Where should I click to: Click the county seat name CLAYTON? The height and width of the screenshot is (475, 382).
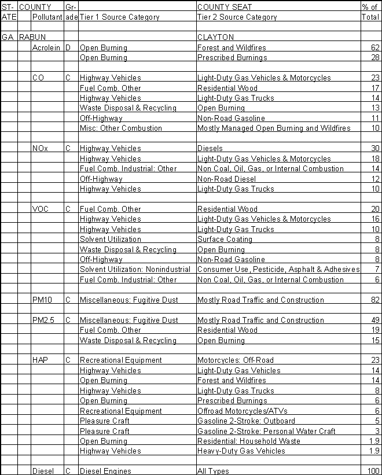tap(216, 38)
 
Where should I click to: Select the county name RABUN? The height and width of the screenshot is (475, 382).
tap(31, 38)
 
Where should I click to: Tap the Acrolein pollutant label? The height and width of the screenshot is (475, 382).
tap(46, 47)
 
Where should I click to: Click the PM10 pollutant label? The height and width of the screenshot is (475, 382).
tap(42, 300)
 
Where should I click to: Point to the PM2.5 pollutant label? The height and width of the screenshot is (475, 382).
tap(43, 320)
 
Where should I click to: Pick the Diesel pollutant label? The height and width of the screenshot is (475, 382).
tap(43, 471)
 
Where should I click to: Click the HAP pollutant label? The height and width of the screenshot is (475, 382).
tap(41, 360)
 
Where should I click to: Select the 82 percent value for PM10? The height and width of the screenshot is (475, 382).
tap(375, 300)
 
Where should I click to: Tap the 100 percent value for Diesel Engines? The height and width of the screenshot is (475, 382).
tap(373, 471)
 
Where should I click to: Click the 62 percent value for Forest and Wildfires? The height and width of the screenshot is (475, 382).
tap(375, 47)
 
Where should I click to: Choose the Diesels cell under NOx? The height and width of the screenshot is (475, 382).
tap(210, 149)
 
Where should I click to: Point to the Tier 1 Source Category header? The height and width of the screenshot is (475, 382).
tap(119, 17)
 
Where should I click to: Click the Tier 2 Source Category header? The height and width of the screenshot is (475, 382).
tap(237, 17)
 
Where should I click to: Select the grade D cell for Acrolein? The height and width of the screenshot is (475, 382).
tap(68, 47)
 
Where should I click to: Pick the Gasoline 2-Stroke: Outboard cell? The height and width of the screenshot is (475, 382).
tap(246, 421)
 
